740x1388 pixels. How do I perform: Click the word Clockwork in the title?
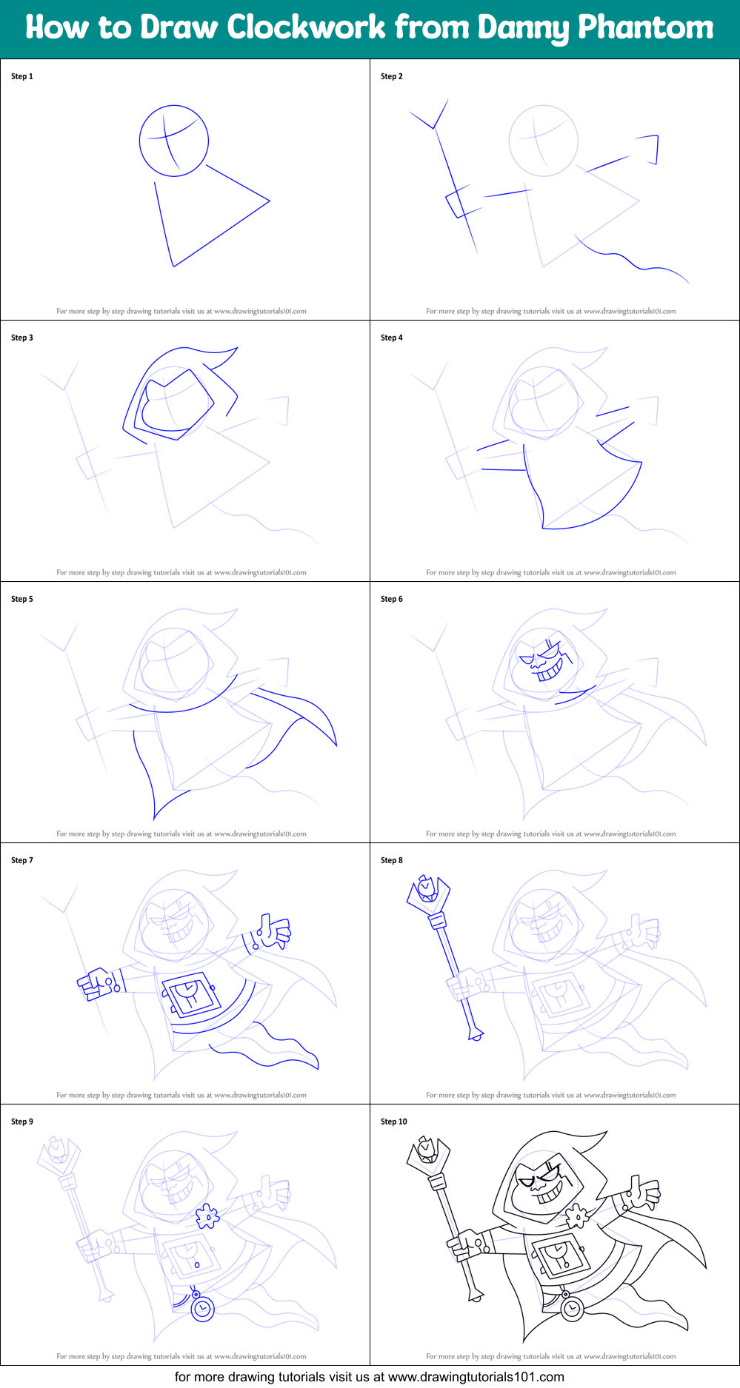point(306,28)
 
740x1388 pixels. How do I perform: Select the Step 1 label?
point(22,76)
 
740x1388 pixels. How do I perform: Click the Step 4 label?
point(392,338)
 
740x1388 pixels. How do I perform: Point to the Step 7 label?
point(22,860)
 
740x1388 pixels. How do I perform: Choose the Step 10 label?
point(394,1122)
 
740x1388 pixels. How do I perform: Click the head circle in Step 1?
point(174,141)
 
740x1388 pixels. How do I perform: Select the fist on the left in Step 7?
point(94,984)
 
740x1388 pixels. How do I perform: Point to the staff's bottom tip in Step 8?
point(476,1034)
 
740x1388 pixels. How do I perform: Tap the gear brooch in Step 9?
point(207,1216)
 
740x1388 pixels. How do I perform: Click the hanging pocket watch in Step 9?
point(202,1309)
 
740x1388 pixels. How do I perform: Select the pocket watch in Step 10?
point(571,1309)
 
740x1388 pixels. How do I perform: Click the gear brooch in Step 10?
point(577,1216)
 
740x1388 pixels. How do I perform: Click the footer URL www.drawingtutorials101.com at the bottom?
point(476,1377)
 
